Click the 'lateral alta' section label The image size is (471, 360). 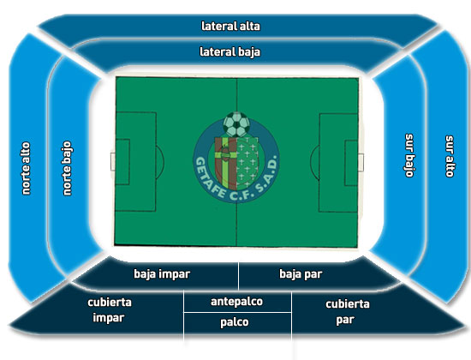tap(230, 27)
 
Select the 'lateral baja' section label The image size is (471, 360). tap(230, 52)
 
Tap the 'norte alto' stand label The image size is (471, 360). tap(27, 168)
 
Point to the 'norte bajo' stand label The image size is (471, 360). tap(67, 168)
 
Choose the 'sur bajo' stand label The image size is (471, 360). tap(409, 155)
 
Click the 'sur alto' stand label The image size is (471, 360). tap(450, 156)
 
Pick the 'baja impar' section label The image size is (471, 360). tap(162, 274)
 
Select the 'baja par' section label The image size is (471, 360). tap(301, 274)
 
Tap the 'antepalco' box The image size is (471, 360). tap(237, 302)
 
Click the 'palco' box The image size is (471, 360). tap(237, 323)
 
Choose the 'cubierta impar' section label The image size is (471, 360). tap(110, 310)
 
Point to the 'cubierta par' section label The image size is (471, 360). tap(347, 312)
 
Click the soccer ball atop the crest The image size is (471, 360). tap(236, 124)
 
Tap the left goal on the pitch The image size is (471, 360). tap(113, 161)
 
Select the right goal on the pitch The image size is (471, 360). tap(361, 162)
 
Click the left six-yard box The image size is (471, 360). tap(122, 162)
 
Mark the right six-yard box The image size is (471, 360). tap(351, 163)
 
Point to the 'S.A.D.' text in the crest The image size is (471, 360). tap(262, 176)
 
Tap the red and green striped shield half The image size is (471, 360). tap(226, 163)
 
